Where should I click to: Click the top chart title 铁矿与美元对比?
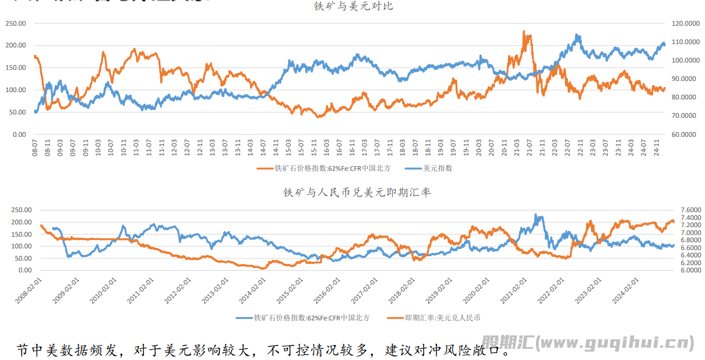tap(353, 7)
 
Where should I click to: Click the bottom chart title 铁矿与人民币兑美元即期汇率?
tap(357, 192)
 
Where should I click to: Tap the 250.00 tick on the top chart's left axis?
tap(16, 23)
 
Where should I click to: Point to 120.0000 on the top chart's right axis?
tap(685, 23)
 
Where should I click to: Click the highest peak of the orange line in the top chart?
tap(524, 31)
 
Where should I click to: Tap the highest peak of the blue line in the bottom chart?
tap(535, 214)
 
